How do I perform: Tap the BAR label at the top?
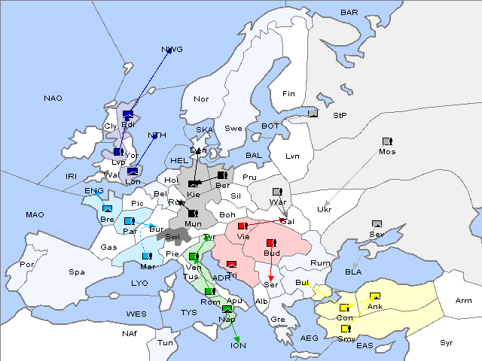click(349, 12)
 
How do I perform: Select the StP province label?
click(340, 116)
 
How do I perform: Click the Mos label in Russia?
click(387, 151)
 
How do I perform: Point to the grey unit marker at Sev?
click(377, 223)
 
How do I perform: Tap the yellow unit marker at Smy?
click(346, 329)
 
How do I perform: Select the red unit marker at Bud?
click(271, 243)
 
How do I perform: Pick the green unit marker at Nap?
click(227, 309)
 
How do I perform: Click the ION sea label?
click(238, 345)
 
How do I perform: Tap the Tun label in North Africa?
click(165, 342)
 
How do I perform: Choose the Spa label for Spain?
click(77, 272)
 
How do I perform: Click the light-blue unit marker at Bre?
click(107, 208)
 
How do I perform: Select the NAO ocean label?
click(53, 99)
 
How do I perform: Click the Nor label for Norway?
click(201, 99)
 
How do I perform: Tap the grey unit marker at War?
click(277, 191)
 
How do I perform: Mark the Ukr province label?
click(325, 209)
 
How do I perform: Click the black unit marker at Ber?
click(221, 175)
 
